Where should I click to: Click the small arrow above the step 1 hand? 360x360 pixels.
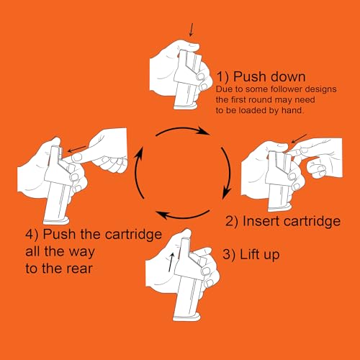[192, 30]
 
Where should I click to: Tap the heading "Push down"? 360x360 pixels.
[269, 77]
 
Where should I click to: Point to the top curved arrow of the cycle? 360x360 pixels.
[183, 129]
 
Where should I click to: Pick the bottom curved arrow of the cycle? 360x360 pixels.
[183, 217]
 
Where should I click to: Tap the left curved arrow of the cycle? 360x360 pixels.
[137, 172]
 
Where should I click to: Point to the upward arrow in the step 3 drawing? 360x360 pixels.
[171, 262]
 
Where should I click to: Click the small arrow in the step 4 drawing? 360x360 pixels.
[76, 149]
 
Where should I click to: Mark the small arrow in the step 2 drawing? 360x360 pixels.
[299, 138]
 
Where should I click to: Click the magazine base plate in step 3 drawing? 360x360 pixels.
[186, 318]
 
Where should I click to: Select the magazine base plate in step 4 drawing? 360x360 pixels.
[56, 220]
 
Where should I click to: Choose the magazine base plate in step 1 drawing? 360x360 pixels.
[186, 106]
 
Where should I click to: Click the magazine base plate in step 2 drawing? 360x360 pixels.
[280, 207]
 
